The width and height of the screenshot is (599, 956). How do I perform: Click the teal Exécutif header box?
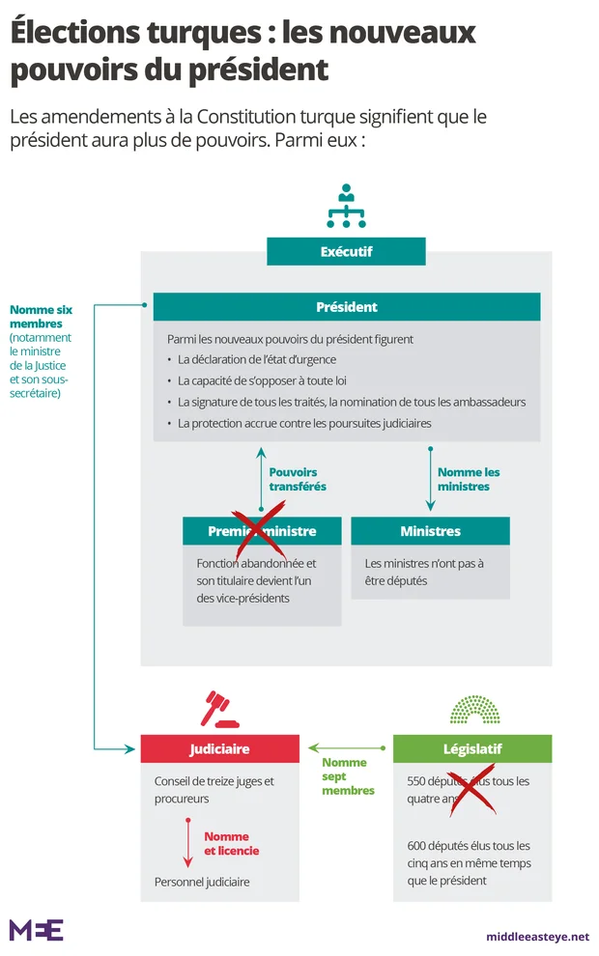coord(346,252)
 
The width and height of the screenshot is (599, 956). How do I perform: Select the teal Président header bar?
coord(346,307)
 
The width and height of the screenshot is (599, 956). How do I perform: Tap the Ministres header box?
coord(430,531)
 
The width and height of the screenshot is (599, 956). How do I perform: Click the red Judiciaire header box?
coord(218,748)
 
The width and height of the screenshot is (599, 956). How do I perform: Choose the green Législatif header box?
coord(472,748)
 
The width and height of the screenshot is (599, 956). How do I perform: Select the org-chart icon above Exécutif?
coord(346,206)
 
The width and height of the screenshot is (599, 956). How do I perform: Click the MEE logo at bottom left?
coord(36,930)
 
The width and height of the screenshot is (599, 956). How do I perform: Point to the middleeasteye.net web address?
coord(537,936)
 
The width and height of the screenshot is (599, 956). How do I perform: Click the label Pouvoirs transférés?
coord(298,479)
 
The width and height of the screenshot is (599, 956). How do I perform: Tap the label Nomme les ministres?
coord(469,479)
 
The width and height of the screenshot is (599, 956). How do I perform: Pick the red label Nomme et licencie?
coord(231,843)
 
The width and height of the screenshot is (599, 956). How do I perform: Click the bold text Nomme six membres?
coord(41,317)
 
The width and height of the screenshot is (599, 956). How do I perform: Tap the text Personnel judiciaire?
coord(202,882)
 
